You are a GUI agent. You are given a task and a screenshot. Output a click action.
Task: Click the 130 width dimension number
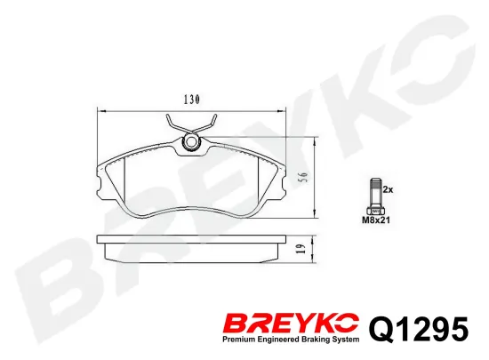click(x=192, y=100)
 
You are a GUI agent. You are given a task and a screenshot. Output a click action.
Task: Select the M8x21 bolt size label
click(x=376, y=220)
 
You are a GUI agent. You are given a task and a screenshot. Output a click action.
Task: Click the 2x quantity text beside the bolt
click(x=388, y=189)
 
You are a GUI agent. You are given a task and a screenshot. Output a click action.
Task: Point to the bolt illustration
click(x=376, y=196)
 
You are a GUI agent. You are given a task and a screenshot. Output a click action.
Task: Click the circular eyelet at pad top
click(x=191, y=142)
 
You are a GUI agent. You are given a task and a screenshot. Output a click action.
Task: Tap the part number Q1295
click(x=419, y=329)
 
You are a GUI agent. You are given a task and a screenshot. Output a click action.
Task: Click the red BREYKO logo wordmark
click(x=291, y=324)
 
